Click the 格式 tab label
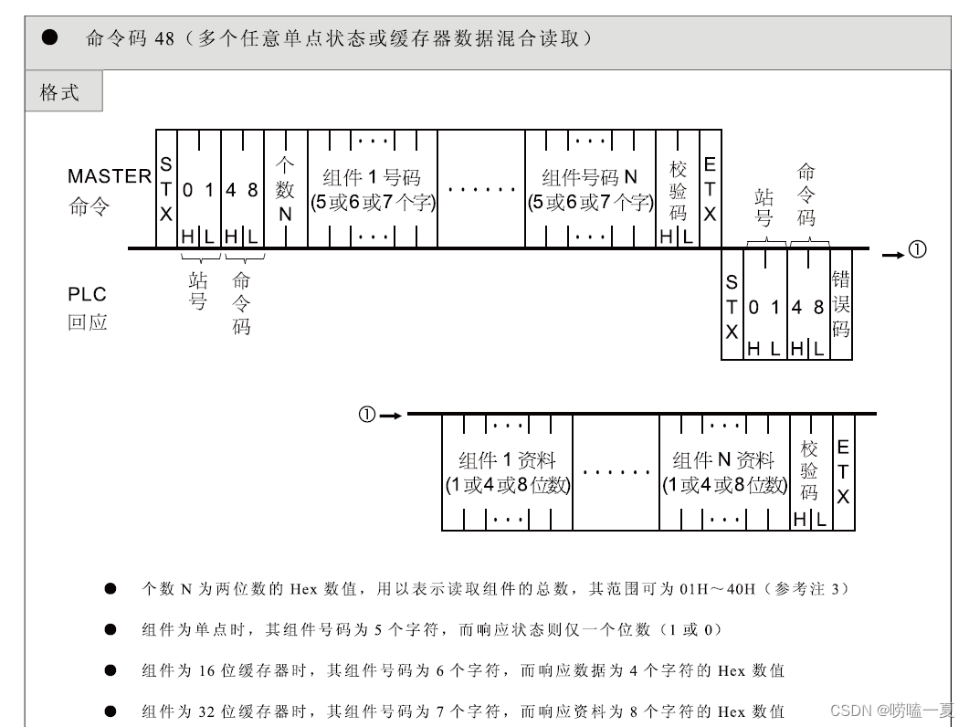click(60, 92)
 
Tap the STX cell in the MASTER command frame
click(166, 189)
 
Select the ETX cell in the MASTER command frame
click(710, 189)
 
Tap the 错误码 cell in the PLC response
click(841, 303)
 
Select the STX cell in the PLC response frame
click(732, 304)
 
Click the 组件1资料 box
click(507, 472)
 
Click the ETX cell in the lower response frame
click(843, 472)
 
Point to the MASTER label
click(109, 176)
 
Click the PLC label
click(87, 294)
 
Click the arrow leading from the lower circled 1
click(391, 416)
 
